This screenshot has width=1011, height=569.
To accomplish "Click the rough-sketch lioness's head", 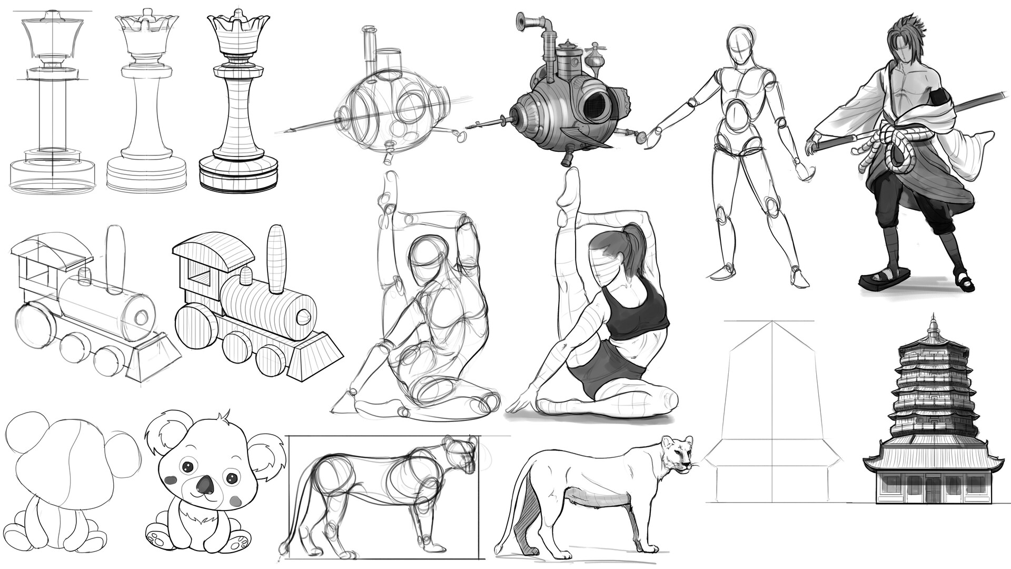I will coord(459,453).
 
